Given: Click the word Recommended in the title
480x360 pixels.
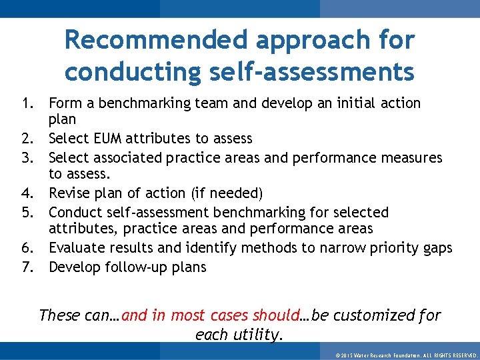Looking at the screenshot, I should click(155, 40).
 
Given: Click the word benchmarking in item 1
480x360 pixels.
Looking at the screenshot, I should click(137, 103).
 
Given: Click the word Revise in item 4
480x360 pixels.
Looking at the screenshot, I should click(70, 193).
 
